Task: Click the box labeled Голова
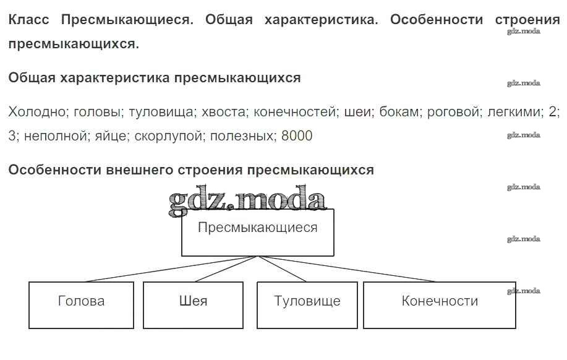(81, 304)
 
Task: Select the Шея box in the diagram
(194, 304)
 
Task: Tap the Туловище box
(307, 304)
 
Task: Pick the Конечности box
(440, 304)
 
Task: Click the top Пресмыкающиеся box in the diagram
(257, 232)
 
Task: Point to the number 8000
(297, 135)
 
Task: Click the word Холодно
(37, 112)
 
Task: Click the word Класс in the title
(30, 19)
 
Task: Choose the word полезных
(242, 135)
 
